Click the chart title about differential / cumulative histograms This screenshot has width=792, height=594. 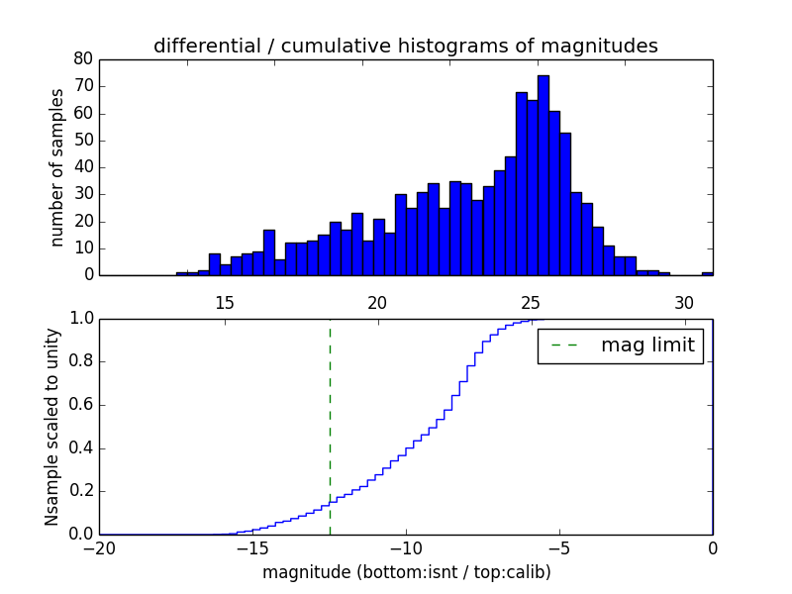pos(405,47)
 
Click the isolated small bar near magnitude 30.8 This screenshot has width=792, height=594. pos(707,273)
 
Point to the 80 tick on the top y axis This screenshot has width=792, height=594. pos(83,59)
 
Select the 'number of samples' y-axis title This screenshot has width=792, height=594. pos(57,167)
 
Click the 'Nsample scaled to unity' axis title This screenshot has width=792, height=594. pos(52,427)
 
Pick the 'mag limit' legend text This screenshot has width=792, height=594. pos(647,346)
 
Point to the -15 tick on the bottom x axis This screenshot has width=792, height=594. pos(253,547)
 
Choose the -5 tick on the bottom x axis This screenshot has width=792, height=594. pos(559,547)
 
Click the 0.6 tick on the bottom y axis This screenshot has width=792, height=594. pos(81,405)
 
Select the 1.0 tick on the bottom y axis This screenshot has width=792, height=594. pos(81,319)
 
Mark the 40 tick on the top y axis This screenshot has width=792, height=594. pos(83,167)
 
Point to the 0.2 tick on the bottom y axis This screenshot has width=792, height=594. pos(81,491)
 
